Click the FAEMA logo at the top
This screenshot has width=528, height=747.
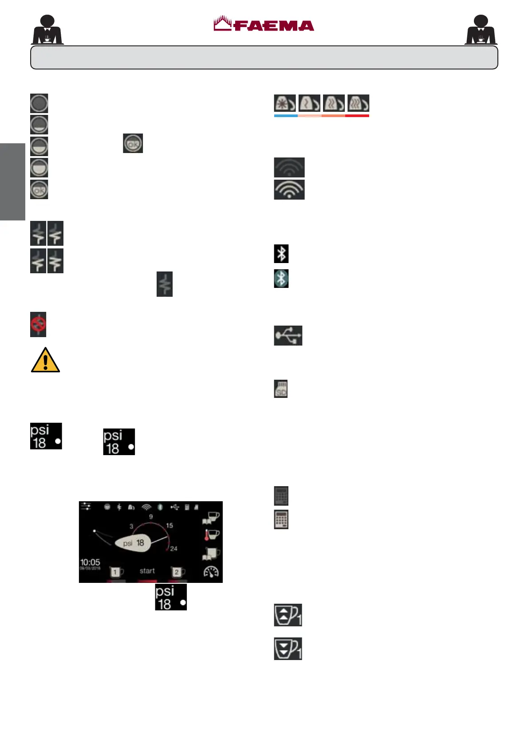[x=264, y=24]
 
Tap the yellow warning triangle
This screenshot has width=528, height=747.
[x=45, y=360]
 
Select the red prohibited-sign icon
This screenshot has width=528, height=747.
[x=38, y=325]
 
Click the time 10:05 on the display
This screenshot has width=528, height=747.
[x=90, y=562]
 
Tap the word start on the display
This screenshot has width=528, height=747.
[x=147, y=571]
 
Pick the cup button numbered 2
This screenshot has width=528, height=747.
[x=177, y=572]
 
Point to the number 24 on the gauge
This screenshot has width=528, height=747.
[x=173, y=549]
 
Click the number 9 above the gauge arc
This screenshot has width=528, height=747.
[x=151, y=517]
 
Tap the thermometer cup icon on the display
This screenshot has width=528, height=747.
[x=212, y=535]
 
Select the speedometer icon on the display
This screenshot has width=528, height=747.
[x=211, y=572]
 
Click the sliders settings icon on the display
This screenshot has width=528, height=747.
[x=86, y=507]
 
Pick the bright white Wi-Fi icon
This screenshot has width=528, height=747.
[x=289, y=190]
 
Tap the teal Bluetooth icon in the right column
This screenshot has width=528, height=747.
[x=281, y=279]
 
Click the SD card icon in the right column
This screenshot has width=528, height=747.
[x=281, y=389]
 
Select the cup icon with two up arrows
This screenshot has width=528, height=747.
[x=288, y=615]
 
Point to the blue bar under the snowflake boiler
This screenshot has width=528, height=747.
[x=286, y=116]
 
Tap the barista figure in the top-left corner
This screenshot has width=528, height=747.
[x=47, y=30]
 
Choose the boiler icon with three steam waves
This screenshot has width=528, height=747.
[x=358, y=103]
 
